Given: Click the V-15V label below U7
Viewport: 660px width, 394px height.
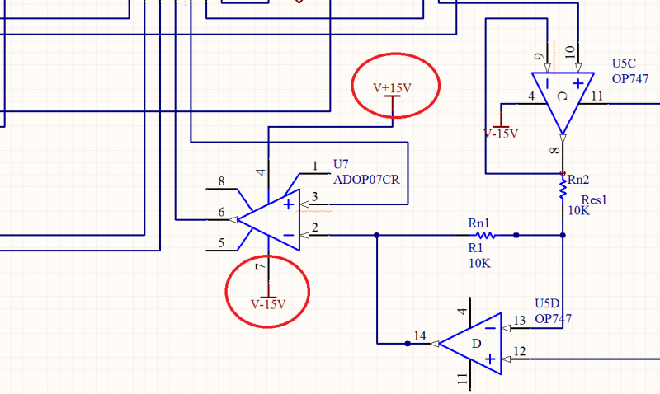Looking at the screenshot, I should [x=268, y=304].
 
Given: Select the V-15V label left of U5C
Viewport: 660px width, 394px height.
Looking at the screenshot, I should [x=501, y=133].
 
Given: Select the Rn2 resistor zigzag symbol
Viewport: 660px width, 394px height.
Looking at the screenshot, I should [x=563, y=190].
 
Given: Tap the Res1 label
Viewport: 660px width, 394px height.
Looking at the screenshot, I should [x=594, y=199].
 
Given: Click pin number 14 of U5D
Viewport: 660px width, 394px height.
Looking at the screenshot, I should [x=421, y=335].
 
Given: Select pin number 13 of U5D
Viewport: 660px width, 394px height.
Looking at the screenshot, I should [x=519, y=321].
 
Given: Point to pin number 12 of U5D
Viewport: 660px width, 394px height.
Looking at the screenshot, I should [x=519, y=352].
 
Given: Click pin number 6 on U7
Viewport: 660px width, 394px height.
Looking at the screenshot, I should [x=221, y=213].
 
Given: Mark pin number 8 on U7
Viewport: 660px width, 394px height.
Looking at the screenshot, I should [x=221, y=181].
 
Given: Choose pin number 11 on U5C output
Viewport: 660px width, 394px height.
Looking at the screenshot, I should [x=596, y=97].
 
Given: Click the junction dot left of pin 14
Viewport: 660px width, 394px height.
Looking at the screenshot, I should [x=407, y=343].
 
